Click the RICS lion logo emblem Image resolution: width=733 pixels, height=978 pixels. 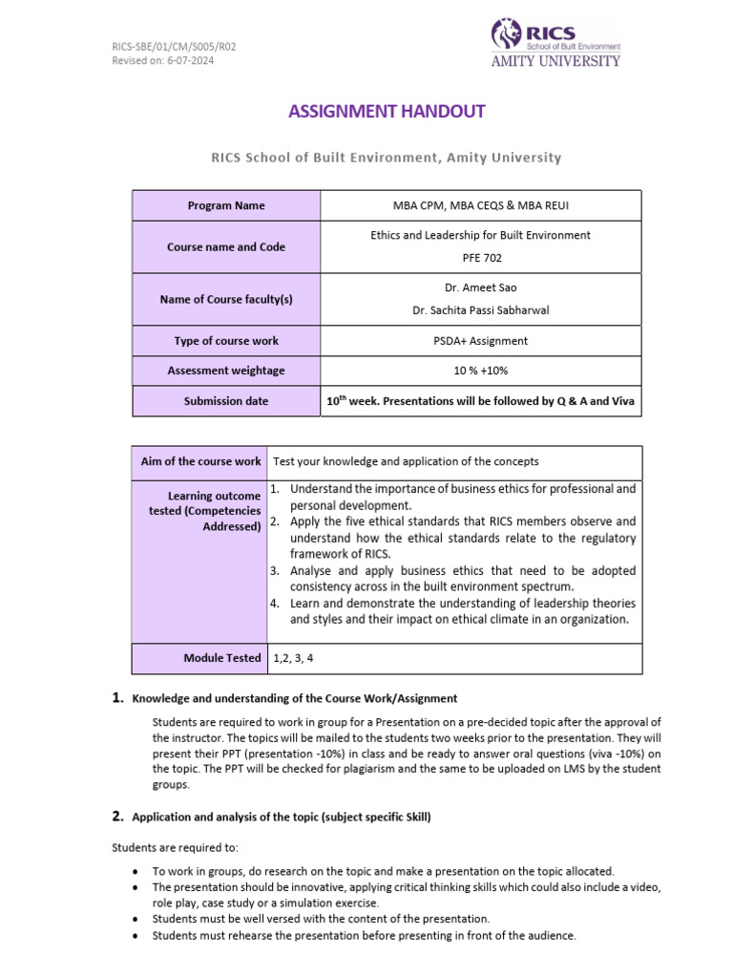[507, 34]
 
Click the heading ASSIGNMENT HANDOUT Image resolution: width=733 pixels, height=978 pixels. [387, 111]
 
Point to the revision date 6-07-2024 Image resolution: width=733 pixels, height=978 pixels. [188, 60]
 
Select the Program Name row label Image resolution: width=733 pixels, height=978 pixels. [226, 205]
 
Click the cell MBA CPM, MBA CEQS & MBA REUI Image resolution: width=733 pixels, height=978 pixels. [480, 205]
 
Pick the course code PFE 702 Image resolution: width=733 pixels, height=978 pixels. [480, 258]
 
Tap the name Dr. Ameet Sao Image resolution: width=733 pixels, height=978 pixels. [480, 287]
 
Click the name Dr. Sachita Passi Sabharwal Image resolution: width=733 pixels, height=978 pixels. [480, 310]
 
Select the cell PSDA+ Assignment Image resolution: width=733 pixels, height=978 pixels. [480, 341]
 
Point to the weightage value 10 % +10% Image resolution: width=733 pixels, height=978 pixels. [480, 371]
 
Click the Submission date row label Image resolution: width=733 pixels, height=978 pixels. [226, 401]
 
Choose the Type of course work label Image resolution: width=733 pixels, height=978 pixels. [226, 341]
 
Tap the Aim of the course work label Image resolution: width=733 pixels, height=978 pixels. [200, 461]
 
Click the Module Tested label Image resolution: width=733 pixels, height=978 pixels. [221, 658]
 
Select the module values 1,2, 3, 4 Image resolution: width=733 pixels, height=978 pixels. [294, 658]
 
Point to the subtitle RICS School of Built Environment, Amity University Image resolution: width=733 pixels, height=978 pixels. [387, 158]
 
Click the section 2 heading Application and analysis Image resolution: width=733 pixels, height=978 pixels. [283, 817]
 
